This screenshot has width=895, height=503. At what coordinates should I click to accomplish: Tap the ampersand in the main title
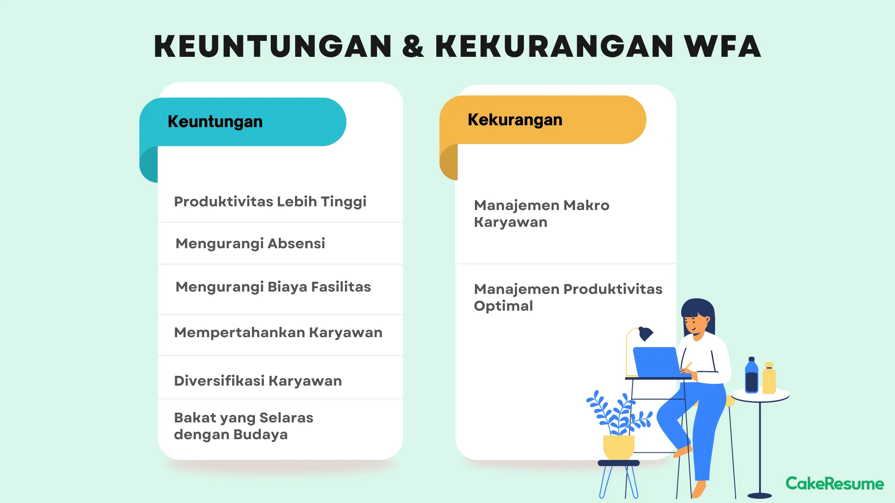pyautogui.click(x=413, y=47)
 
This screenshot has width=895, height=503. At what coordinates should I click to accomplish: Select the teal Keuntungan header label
pyautogui.click(x=215, y=122)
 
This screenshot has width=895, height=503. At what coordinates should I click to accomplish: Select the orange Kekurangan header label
pyautogui.click(x=515, y=120)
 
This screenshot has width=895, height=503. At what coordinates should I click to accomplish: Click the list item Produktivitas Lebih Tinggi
pyautogui.click(x=270, y=202)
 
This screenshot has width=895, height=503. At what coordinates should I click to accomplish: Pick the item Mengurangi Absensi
pyautogui.click(x=250, y=244)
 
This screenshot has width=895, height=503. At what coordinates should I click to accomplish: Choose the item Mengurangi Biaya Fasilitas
pyautogui.click(x=273, y=287)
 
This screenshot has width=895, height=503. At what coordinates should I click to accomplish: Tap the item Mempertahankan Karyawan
pyautogui.click(x=278, y=333)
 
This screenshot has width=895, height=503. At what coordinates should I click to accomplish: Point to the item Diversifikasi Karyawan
pyautogui.click(x=258, y=381)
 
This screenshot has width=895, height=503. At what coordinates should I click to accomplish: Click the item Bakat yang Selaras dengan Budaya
pyautogui.click(x=243, y=426)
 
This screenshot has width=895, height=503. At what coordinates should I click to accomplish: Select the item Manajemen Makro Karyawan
pyautogui.click(x=541, y=214)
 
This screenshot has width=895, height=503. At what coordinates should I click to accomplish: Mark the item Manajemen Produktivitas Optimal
pyautogui.click(x=568, y=297)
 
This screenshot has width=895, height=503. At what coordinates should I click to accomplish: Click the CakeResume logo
pyautogui.click(x=834, y=483)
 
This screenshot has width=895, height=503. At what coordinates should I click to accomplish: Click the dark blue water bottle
pyautogui.click(x=751, y=376)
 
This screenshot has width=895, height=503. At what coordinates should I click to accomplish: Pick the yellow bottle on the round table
pyautogui.click(x=769, y=379)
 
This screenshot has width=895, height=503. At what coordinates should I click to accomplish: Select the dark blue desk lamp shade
pyautogui.click(x=646, y=333)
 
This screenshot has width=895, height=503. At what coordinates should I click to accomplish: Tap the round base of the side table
pyautogui.click(x=759, y=496)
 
